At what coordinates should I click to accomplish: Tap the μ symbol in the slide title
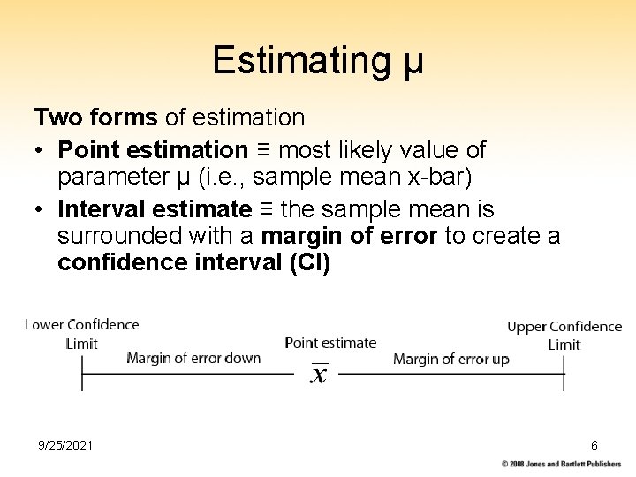point(413,63)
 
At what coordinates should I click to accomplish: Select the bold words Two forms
point(95,117)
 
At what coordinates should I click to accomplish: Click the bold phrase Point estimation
point(153,150)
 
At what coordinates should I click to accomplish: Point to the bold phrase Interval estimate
point(155,209)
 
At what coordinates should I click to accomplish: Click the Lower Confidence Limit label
point(81,334)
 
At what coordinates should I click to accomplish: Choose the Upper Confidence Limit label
point(564,336)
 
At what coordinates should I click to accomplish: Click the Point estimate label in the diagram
point(330,343)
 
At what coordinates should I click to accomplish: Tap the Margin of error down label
point(193,358)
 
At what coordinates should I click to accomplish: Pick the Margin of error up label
point(450,359)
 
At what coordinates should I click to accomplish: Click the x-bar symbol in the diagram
point(319,375)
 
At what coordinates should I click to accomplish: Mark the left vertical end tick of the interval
point(82,374)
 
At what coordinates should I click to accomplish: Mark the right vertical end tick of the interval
point(564,374)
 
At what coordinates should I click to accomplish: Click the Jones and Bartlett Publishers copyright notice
point(561,464)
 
